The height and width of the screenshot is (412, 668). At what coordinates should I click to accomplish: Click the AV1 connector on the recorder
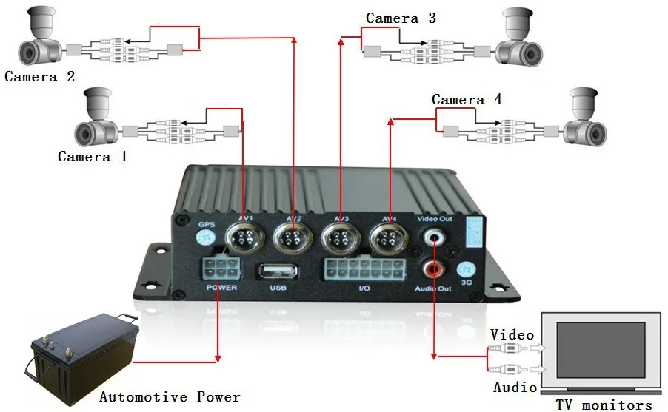[x=245, y=240]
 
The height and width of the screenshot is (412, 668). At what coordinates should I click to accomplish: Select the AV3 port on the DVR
[x=340, y=240]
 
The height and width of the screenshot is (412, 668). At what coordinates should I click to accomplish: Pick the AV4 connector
[x=388, y=240]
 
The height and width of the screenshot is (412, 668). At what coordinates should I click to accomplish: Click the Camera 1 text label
[x=93, y=156]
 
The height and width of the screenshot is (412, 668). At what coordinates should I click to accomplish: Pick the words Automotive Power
[x=170, y=397]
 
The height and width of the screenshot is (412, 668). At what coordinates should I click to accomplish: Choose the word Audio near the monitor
[x=515, y=387]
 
